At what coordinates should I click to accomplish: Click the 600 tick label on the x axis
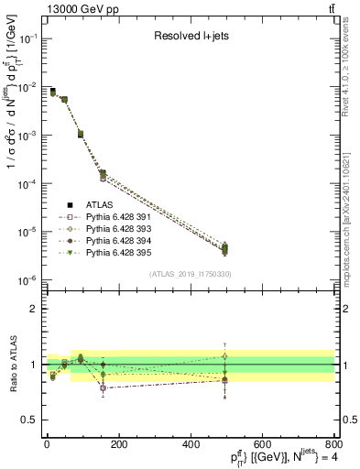click(262, 444)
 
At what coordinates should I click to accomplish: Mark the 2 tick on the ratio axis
click(35, 309)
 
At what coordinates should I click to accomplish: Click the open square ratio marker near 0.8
click(103, 388)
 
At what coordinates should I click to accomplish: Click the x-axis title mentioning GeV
click(275, 457)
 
